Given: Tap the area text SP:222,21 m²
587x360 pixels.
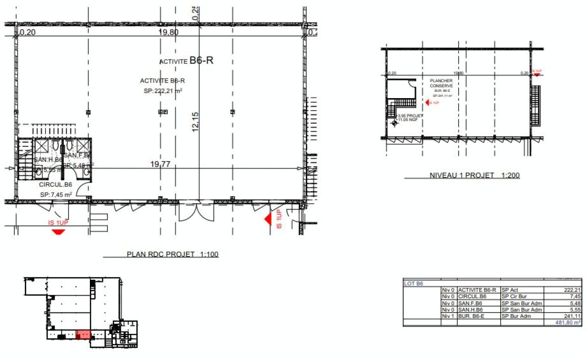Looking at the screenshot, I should coord(163,91).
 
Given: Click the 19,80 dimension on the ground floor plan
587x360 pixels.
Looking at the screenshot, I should coord(168,33).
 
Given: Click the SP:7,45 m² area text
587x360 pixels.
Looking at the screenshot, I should coord(56,194).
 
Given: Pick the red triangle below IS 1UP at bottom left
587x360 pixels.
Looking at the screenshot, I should coord(58,232).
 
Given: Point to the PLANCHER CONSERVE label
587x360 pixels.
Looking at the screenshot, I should coord(441,83).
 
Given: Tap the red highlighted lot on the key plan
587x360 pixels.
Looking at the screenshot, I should coord(83,334).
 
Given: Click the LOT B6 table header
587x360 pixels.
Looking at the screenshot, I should coord(414,283).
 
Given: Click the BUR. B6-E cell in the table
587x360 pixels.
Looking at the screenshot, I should coord(472,316).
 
